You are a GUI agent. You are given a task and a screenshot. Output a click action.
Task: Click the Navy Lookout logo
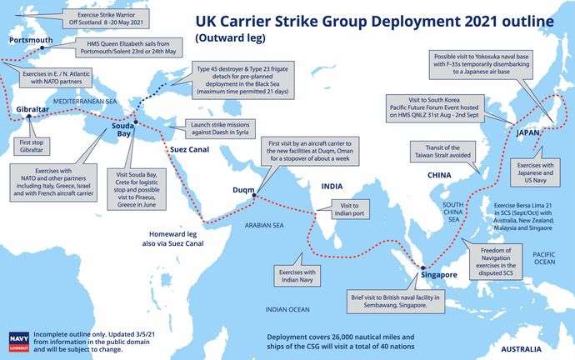click(18, 342)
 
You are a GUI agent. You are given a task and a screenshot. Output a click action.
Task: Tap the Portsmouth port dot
click(42, 47)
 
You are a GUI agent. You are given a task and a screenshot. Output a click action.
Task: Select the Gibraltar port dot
click(29, 116)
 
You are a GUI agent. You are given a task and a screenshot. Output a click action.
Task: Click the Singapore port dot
click(422, 268)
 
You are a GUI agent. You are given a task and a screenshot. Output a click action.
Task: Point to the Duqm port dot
click(254, 195)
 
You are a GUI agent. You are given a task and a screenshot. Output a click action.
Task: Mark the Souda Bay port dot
click(136, 122)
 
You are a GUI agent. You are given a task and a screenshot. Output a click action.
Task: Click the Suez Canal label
click(190, 149)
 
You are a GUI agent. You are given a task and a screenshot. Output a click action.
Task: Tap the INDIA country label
click(332, 186)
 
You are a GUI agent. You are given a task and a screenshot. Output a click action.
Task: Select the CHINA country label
click(439, 175)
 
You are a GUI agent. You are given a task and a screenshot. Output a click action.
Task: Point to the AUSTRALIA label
click(521, 349)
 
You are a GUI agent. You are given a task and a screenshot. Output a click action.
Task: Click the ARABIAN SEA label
click(264, 225)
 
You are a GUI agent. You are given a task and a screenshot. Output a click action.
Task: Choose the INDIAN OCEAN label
click(287, 310)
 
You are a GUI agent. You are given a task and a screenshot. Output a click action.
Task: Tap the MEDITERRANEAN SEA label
click(85, 101)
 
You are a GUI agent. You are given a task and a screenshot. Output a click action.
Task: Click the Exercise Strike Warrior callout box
click(106, 18)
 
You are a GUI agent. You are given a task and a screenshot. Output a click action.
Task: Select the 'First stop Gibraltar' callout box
click(32, 147)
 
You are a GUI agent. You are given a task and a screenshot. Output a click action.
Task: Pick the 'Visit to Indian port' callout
click(349, 209)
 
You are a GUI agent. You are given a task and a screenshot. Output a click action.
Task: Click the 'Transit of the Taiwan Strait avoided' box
click(442, 152)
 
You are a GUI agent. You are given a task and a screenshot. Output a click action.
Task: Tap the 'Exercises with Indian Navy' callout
click(297, 276)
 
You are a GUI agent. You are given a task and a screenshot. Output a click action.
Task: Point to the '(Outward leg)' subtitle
click(230, 38)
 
